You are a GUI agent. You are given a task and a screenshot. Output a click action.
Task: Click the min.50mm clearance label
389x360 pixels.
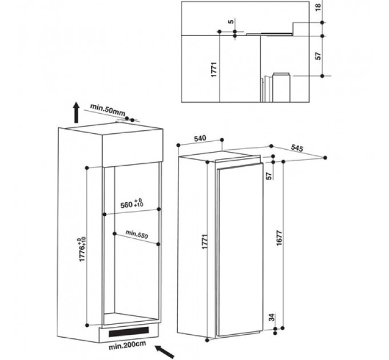click(x=108, y=110)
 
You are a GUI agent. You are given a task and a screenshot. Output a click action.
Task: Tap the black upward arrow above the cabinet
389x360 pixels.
click(x=77, y=112)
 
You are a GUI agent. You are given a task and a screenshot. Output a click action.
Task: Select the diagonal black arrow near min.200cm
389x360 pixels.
click(x=165, y=351)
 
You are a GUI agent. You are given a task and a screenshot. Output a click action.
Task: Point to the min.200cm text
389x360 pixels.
click(x=127, y=345)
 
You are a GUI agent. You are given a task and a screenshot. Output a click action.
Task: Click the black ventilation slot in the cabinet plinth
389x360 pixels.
click(x=129, y=332)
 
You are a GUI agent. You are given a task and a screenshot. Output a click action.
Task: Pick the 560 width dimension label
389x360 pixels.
click(x=132, y=203)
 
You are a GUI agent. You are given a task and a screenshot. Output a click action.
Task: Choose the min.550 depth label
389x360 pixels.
click(x=137, y=234)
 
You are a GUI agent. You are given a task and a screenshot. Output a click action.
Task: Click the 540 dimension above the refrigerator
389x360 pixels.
click(x=200, y=138)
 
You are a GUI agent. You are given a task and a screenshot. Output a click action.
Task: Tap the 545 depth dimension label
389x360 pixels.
click(x=297, y=148)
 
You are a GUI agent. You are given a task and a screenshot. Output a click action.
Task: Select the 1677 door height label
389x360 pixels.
click(x=279, y=238)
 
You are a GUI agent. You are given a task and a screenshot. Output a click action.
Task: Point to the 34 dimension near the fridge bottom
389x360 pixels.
click(x=272, y=317)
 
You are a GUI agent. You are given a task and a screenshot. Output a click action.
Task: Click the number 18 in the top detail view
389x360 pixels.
click(x=319, y=6)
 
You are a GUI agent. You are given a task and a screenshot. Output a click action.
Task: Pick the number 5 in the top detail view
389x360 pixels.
click(x=231, y=22)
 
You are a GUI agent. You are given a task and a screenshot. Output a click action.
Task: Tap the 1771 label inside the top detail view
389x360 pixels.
click(x=214, y=69)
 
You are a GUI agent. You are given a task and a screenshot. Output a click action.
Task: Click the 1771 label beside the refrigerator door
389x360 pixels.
click(x=205, y=241)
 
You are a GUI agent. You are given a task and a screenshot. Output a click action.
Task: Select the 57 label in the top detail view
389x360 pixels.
click(x=318, y=56)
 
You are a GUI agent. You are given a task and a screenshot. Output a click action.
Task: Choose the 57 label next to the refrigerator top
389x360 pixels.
click(x=269, y=175)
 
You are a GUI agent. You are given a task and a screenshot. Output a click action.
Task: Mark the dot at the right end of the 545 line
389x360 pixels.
click(x=326, y=158)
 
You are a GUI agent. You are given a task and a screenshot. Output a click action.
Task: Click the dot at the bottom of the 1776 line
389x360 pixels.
click(x=87, y=325)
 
